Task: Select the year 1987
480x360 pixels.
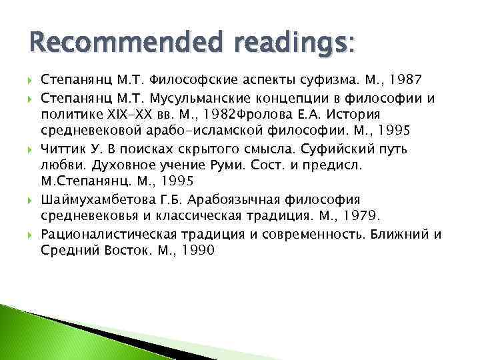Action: pyautogui.click(x=398, y=79)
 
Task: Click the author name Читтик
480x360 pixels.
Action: pyautogui.click(x=61, y=149)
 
